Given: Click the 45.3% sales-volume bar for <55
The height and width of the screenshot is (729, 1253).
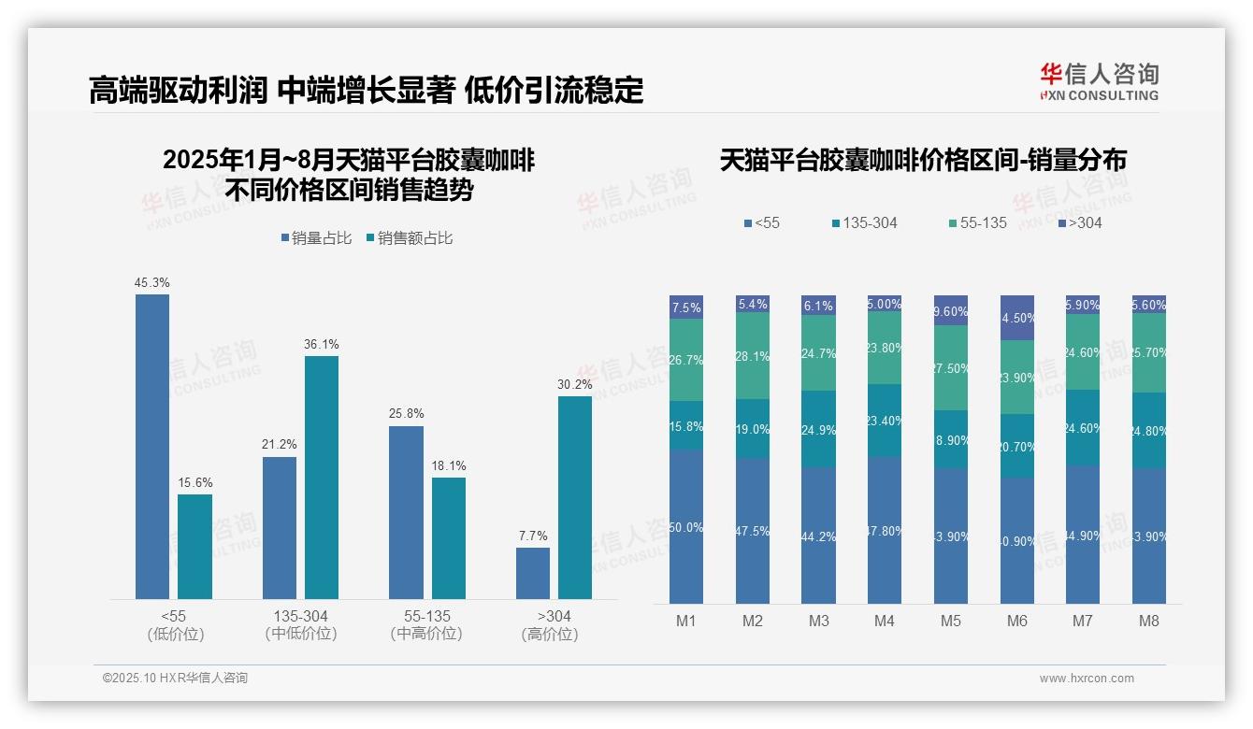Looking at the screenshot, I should pos(152,446).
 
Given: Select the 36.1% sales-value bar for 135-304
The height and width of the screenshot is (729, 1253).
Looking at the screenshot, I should pos(321,477).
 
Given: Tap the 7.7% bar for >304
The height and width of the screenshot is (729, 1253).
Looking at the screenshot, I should pos(533,573).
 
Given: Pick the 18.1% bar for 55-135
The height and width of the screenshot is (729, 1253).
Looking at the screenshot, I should pos(449,537).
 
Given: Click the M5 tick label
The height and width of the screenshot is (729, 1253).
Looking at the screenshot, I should pos(950,621).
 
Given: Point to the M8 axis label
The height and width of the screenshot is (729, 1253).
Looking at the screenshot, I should pos(1149,621).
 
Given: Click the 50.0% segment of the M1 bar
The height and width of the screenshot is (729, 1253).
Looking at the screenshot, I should pos(686,526).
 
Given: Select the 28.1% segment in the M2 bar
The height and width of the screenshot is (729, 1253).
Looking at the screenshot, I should pos(753,356).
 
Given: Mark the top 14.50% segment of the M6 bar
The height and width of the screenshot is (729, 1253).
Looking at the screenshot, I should pos(1017,318).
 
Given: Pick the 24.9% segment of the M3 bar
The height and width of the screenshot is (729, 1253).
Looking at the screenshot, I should pos(818,428).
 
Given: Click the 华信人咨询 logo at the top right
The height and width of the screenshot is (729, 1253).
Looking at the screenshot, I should pos(1099,81).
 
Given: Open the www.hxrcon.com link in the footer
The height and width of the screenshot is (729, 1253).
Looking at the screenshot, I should pos(1087,679).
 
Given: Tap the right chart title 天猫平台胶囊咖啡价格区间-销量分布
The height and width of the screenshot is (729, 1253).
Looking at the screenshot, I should pos(923,160).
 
